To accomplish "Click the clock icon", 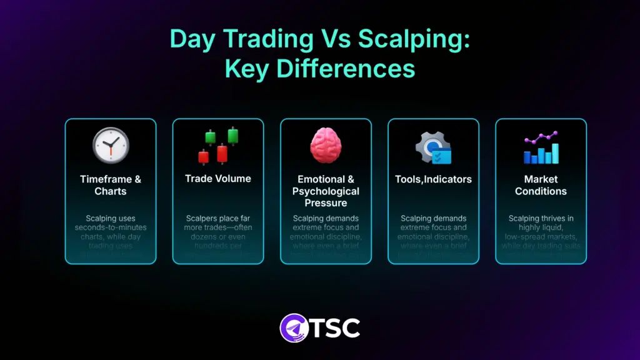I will click(x=111, y=146).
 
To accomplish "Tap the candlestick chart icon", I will click(x=218, y=145).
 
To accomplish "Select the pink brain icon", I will click(x=326, y=146).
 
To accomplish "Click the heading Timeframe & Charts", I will click(x=111, y=185).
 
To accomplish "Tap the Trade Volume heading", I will click(x=218, y=179).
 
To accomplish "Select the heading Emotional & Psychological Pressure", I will click(x=326, y=191).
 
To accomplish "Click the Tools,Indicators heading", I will click(x=433, y=179).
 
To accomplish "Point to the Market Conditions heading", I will click(x=541, y=185).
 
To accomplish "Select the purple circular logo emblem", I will click(x=294, y=327).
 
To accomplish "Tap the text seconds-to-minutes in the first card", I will click(x=110, y=227).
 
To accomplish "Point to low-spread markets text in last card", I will click(x=541, y=236).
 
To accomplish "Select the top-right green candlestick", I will click(x=233, y=135).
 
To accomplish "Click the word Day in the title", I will click(x=191, y=39).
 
